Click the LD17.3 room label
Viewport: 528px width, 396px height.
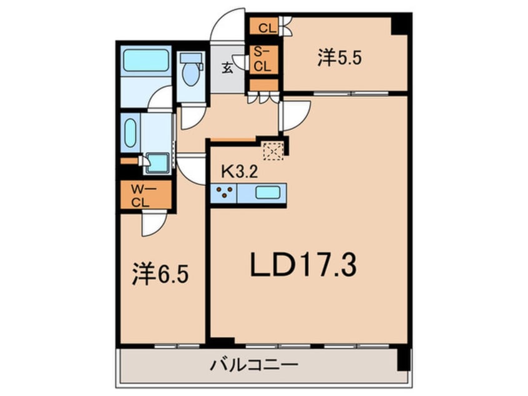pyautogui.click(x=303, y=265)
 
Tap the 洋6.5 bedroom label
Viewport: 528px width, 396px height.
pyautogui.click(x=160, y=274)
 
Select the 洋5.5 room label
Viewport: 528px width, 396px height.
pyautogui.click(x=339, y=57)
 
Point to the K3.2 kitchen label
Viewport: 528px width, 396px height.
pyautogui.click(x=240, y=172)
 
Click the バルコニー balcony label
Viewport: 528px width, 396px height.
pyautogui.click(x=254, y=365)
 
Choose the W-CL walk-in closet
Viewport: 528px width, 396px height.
pyautogui.click(x=146, y=195)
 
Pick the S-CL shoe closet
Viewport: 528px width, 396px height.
pyautogui.click(x=263, y=60)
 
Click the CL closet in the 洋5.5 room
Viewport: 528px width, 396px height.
pyautogui.click(x=263, y=26)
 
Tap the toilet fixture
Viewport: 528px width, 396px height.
pyautogui.click(x=191, y=69)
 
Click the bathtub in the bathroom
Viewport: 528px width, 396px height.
pyautogui.click(x=146, y=61)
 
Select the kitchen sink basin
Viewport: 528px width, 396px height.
pyautogui.click(x=268, y=193)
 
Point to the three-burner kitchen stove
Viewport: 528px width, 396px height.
pyautogui.click(x=224, y=193)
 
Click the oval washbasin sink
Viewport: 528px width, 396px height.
pyautogui.click(x=130, y=133)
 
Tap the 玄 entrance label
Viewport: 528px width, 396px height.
pyautogui.click(x=227, y=69)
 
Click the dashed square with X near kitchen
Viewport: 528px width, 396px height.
pyautogui.click(x=273, y=151)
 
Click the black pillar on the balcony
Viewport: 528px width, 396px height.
pyautogui.click(x=403, y=359)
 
